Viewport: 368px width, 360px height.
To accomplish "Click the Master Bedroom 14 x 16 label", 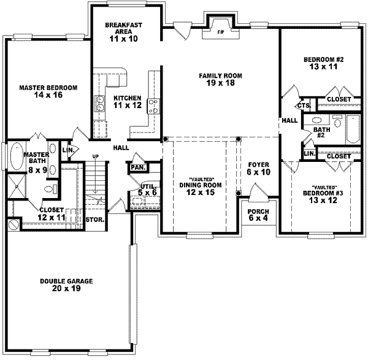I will [47, 92].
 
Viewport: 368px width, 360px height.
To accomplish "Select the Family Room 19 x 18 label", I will [221, 80].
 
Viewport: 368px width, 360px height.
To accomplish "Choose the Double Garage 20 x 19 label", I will [66, 285].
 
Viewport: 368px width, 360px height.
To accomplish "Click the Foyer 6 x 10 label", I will [259, 169].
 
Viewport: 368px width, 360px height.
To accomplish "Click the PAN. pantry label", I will [136, 166].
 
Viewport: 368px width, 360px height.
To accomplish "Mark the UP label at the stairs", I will [94, 157].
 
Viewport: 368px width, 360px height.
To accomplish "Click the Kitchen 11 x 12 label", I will [127, 102].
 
